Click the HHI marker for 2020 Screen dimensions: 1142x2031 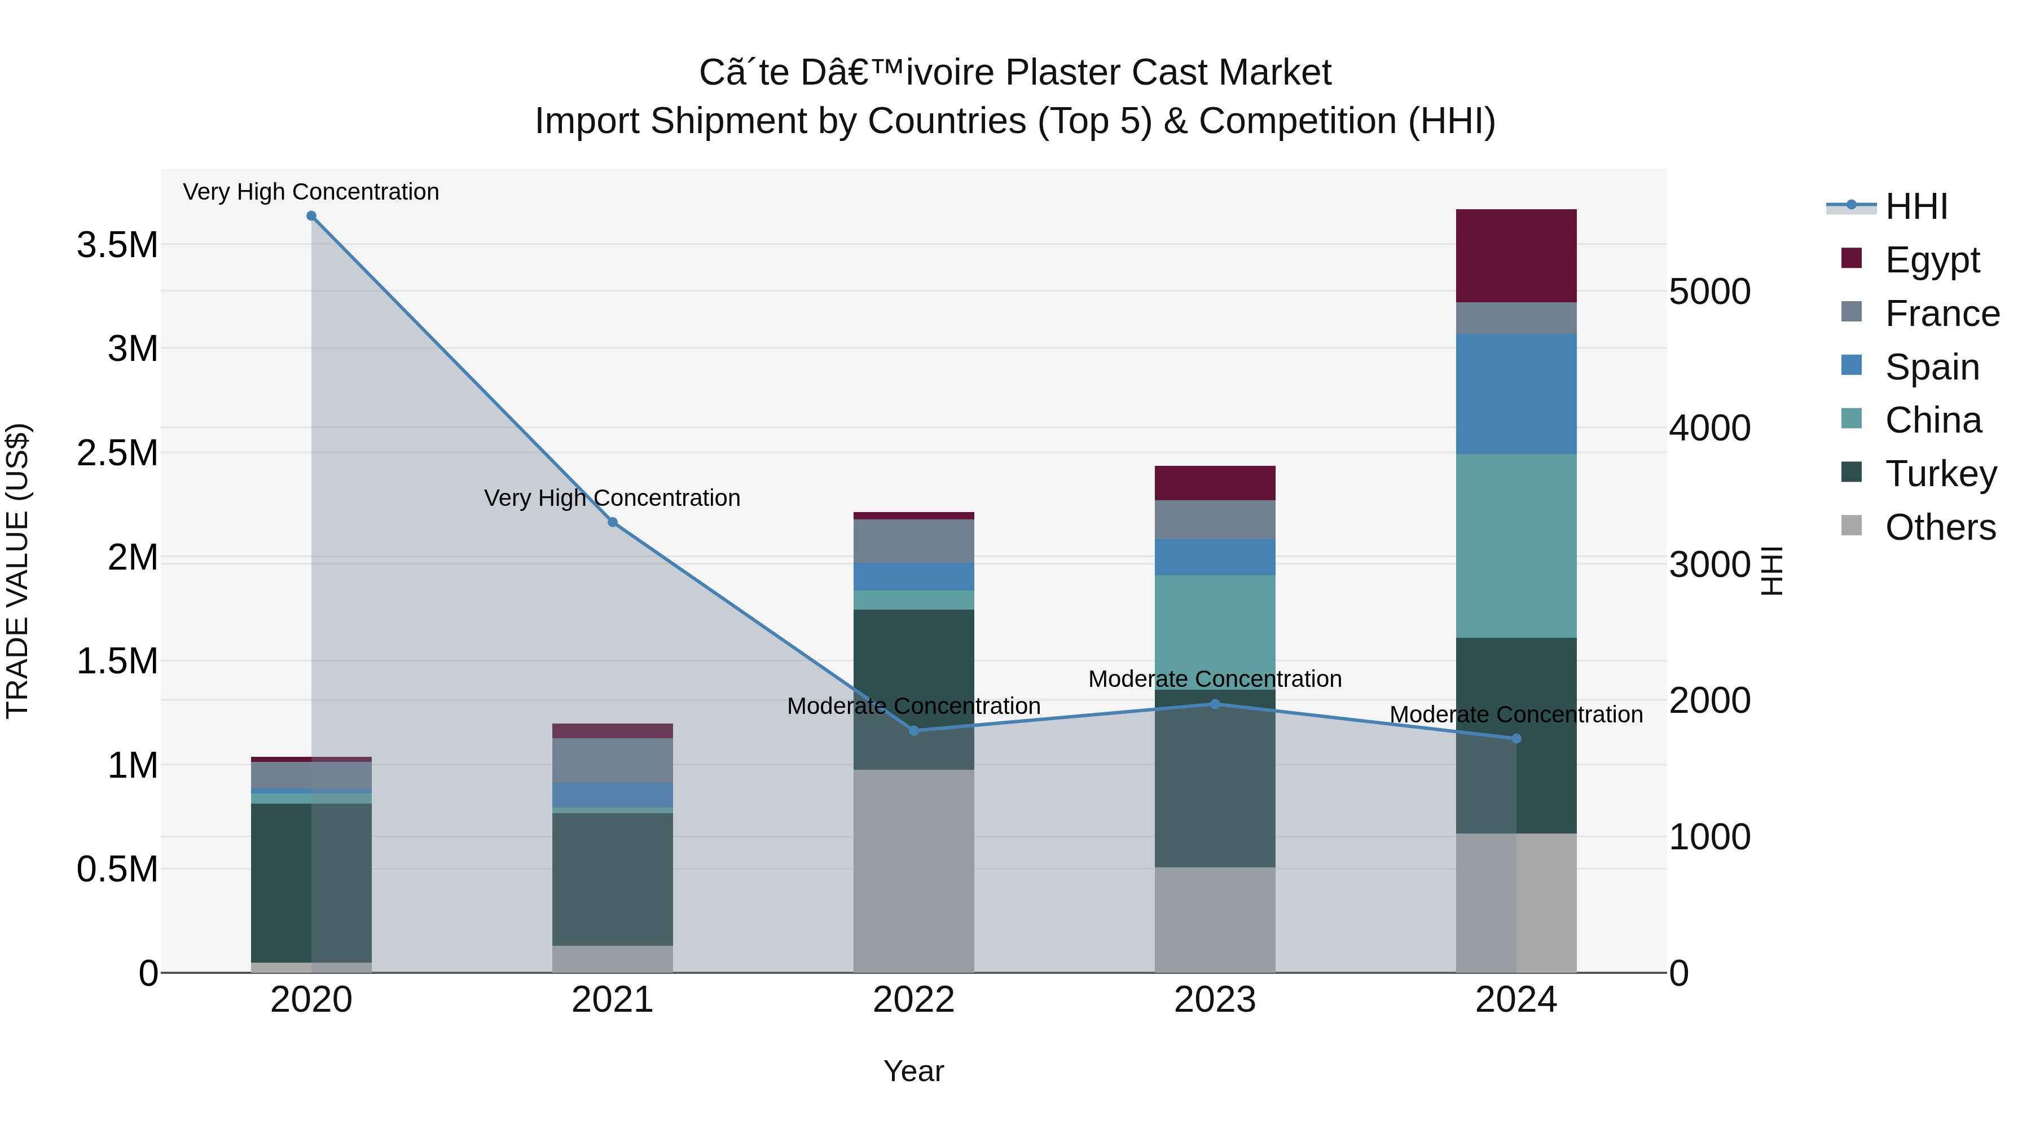311,216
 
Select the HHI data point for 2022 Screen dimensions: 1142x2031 914,730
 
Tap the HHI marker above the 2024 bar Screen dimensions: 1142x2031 1515,738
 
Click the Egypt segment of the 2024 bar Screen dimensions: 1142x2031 1515,255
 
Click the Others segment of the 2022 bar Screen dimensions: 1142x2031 914,870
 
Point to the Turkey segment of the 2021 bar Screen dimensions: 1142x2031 613,879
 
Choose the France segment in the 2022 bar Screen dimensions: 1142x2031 914,541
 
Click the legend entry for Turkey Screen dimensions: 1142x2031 1940,474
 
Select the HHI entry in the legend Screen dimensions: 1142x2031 1916,206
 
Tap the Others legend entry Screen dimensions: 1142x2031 1940,527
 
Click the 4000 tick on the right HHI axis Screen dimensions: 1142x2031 1709,428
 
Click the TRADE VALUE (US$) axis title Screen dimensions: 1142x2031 17,571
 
